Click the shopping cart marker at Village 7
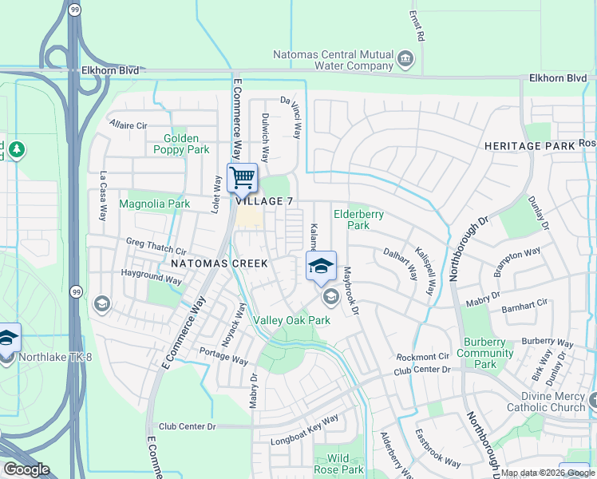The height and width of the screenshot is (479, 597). (x=242, y=177)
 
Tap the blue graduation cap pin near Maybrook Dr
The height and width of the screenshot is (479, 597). (x=321, y=266)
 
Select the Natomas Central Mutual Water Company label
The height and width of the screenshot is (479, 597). (x=334, y=60)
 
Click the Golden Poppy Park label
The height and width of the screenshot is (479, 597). (x=181, y=144)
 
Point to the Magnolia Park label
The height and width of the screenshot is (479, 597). (x=155, y=204)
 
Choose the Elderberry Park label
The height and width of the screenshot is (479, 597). (x=358, y=220)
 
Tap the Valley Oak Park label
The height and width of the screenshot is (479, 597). (x=291, y=320)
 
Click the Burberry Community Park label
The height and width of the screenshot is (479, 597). (x=484, y=353)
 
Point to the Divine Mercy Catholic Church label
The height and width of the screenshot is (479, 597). (x=547, y=402)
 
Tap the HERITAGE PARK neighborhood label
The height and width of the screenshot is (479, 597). (x=529, y=146)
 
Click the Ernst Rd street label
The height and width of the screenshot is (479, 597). (x=415, y=26)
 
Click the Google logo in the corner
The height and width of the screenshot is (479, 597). (x=26, y=469)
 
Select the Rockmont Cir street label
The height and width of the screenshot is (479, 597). (x=421, y=357)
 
